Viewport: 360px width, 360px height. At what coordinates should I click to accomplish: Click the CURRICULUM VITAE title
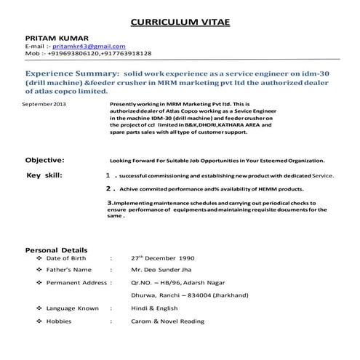pos(179,23)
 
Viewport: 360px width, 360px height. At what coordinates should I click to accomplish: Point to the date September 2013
pos(44,105)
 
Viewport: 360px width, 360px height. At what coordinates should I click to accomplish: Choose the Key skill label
pos(44,175)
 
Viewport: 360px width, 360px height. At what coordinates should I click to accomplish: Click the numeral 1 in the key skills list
pos(108,176)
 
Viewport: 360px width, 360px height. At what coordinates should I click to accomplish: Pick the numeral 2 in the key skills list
pos(108,188)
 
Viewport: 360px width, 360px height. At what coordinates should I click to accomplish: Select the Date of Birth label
pos(71,258)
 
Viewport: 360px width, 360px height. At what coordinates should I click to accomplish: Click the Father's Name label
pos(72,270)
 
